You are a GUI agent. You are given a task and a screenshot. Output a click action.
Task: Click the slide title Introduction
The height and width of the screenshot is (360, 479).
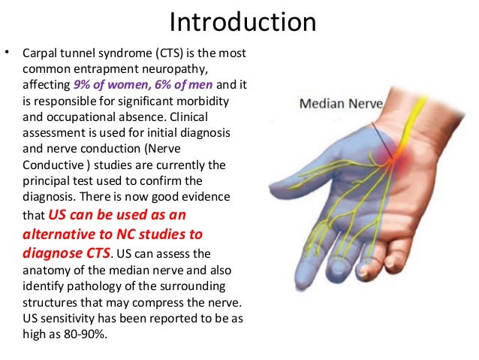[242, 23]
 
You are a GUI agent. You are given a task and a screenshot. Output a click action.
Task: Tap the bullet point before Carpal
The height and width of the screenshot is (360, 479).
[8, 54]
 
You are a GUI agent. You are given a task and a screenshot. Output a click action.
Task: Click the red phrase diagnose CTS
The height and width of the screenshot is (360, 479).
[68, 252]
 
